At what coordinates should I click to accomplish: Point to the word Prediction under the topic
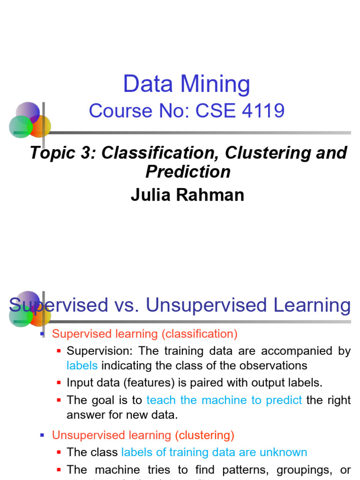click(188, 172)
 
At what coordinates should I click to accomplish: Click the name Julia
click(152, 195)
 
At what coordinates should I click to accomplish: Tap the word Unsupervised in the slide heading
click(206, 305)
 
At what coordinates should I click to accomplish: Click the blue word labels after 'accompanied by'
click(82, 366)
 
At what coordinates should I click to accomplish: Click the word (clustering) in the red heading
click(205, 435)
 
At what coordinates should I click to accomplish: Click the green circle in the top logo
click(20, 127)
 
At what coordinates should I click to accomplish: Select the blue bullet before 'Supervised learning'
click(42, 334)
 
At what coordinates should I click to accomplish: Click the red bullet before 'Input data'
click(59, 383)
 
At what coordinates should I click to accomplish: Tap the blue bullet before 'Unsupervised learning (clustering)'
click(42, 435)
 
